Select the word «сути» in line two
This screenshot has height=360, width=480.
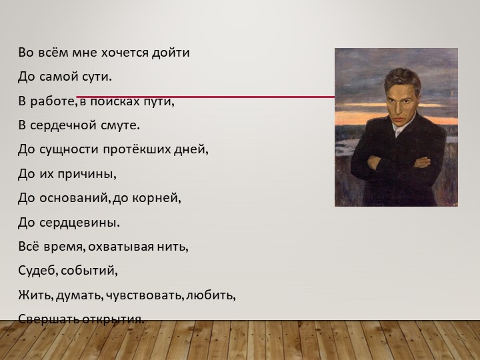coord(97,77)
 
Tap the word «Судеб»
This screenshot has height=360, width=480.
coord(37,271)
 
